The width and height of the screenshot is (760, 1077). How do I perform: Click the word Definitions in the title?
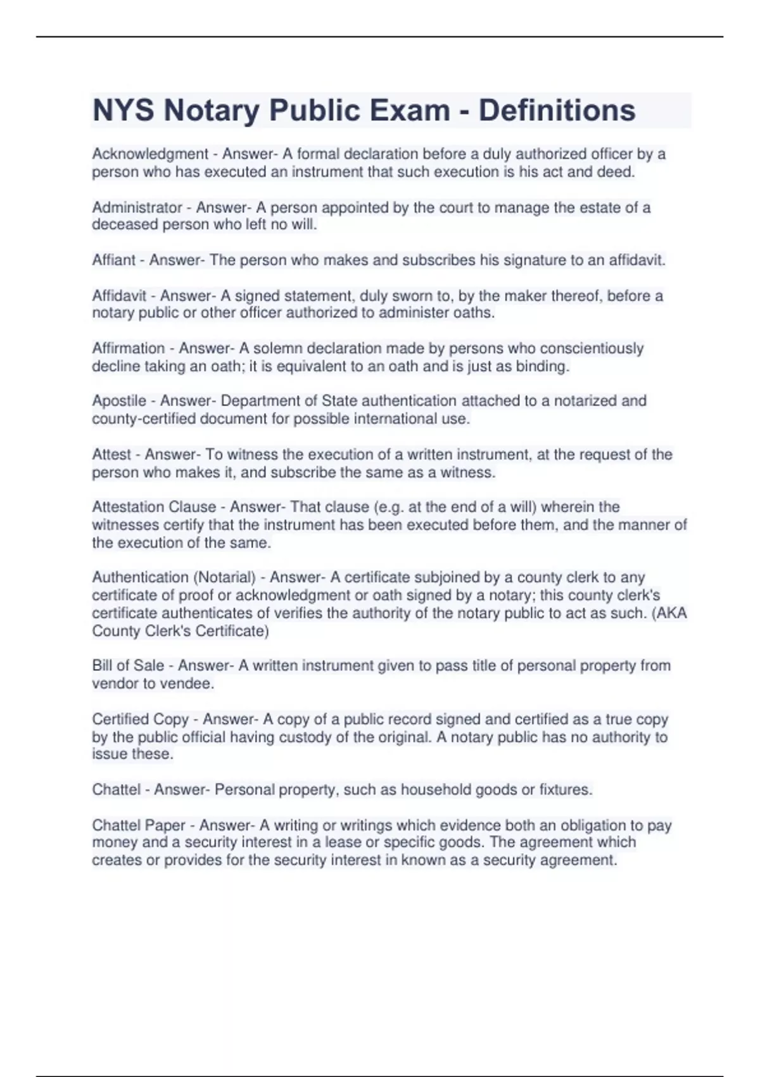click(x=557, y=110)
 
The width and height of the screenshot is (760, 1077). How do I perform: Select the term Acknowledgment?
click(x=150, y=154)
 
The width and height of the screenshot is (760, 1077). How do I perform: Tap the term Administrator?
click(x=137, y=207)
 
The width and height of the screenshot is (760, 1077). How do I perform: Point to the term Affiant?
click(x=114, y=260)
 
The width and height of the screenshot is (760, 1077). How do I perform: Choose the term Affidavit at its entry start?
click(x=119, y=295)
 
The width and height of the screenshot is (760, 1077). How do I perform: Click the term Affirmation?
click(x=129, y=348)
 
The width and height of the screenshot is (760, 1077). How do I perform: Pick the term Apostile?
click(x=119, y=400)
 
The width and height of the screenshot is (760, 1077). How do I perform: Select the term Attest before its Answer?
click(x=111, y=454)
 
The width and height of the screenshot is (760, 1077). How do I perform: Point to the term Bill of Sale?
click(x=128, y=665)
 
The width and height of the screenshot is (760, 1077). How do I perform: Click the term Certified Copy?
click(x=141, y=719)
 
